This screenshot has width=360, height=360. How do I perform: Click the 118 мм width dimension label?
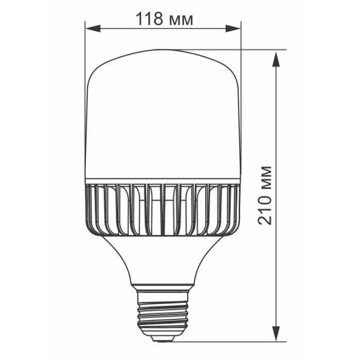click(164, 20)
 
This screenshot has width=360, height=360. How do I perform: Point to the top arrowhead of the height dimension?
click(276, 57)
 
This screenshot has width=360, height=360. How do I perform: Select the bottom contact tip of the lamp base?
click(163, 339)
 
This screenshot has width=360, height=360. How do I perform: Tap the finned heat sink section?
click(163, 208)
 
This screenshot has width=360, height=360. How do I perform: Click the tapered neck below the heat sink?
click(163, 257)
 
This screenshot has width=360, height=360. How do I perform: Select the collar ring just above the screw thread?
click(163, 286)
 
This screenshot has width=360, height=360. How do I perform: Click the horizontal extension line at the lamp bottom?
click(231, 340)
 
